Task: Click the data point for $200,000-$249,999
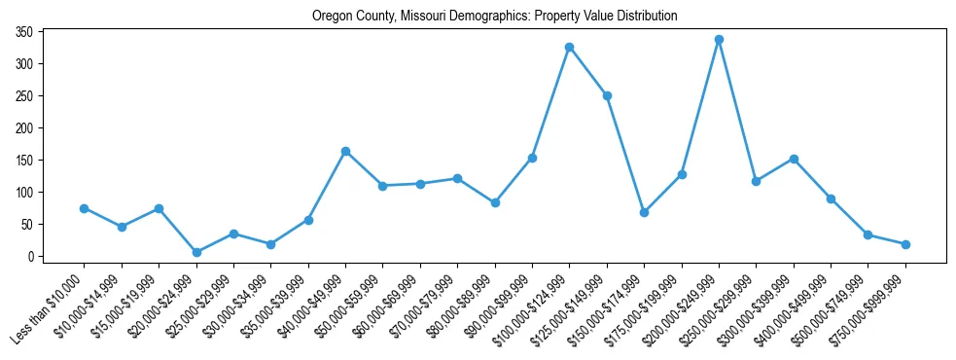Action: [719, 40]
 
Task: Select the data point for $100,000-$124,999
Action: [569, 47]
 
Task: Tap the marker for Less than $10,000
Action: [84, 208]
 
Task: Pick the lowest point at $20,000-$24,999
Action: [196, 252]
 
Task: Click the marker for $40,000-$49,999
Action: [345, 152]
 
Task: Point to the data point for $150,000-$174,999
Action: [644, 212]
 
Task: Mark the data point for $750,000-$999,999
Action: [905, 244]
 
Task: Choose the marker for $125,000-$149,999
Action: [607, 95]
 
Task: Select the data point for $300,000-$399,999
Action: [794, 159]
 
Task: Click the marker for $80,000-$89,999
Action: [495, 202]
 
